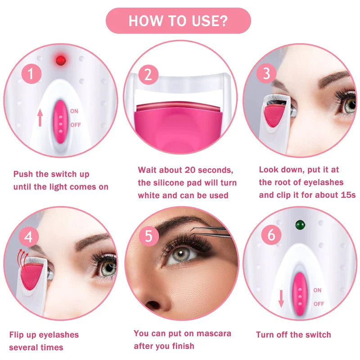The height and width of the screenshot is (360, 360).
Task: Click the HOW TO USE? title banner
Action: point(178,21)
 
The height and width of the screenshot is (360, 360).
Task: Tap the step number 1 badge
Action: point(31,74)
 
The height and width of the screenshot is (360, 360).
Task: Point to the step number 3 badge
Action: point(266,73)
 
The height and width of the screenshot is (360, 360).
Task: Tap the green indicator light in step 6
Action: point(298,224)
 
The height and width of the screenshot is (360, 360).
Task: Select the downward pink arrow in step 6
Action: point(281,298)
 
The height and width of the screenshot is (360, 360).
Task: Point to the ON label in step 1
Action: point(74,110)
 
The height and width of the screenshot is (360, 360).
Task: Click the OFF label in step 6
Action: point(319,304)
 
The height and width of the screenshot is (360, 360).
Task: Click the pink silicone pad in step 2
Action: point(177,119)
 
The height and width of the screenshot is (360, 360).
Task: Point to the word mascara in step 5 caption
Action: point(212,333)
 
